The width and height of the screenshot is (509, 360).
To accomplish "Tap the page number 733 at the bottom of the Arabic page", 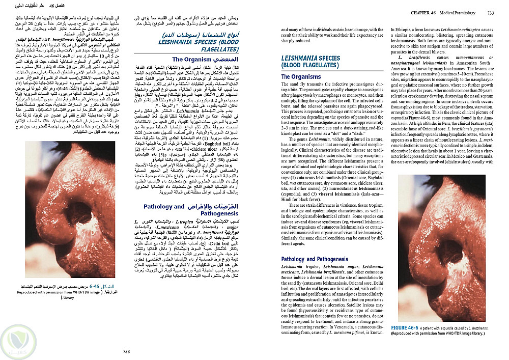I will pos(127,351).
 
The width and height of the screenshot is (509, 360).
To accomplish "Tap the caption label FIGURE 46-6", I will pos(405,326).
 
